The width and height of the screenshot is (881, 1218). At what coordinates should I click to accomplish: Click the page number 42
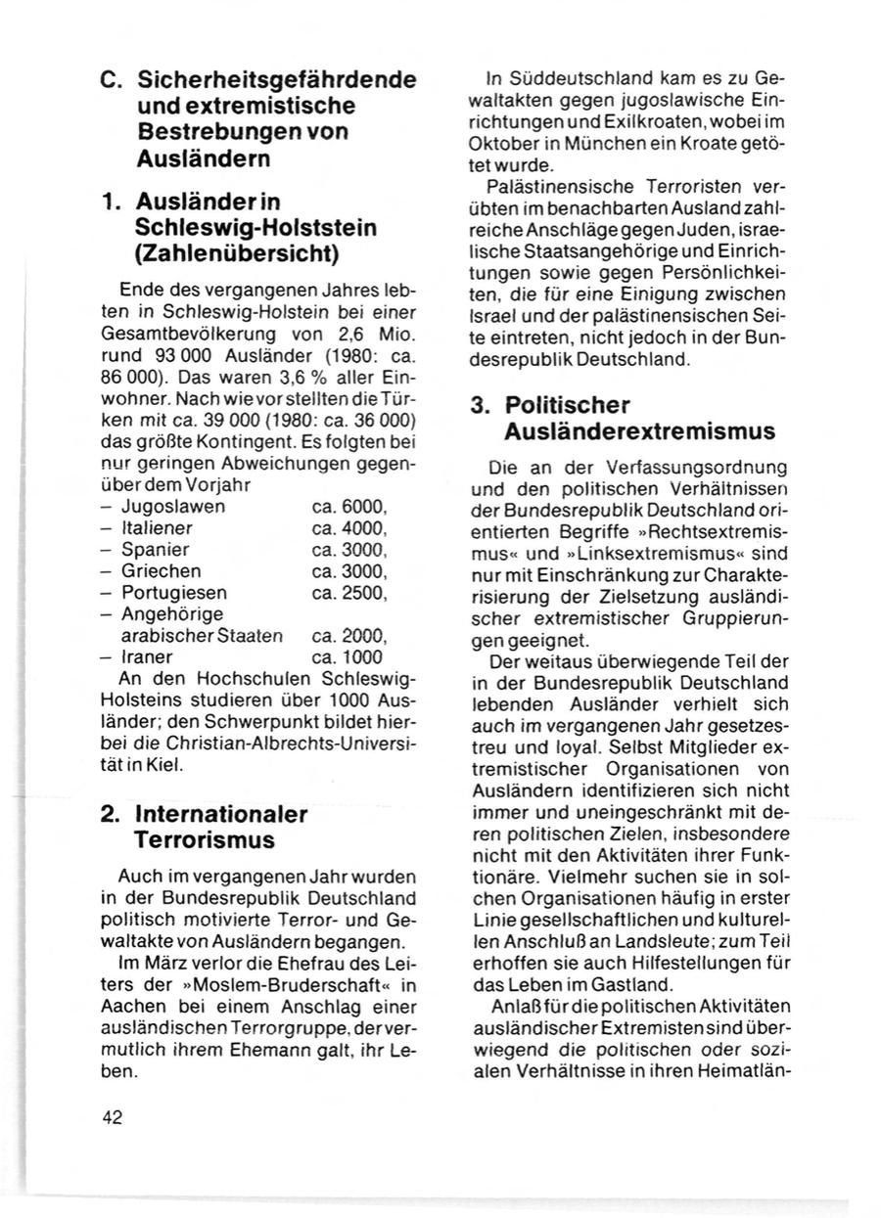[x=111, y=1119]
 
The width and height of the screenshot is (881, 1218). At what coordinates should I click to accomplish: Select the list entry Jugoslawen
[x=173, y=507]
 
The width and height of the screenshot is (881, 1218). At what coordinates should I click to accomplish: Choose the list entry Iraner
[x=148, y=657]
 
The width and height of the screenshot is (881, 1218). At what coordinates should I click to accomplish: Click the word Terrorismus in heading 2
[x=205, y=839]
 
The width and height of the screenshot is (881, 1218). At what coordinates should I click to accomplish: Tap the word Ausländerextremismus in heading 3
[x=639, y=430]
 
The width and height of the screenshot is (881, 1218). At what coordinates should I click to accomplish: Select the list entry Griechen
[x=162, y=571]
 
